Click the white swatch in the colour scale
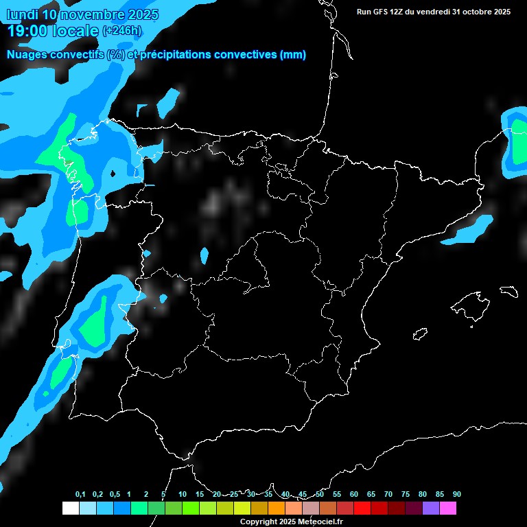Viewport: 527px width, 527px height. click(x=70, y=508)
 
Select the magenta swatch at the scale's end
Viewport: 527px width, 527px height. click(x=448, y=508)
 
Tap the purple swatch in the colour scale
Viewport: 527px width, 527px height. click(x=431, y=508)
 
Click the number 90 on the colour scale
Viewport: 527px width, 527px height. click(x=456, y=494)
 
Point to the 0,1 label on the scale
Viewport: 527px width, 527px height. click(x=80, y=494)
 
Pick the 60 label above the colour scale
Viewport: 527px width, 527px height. click(x=353, y=494)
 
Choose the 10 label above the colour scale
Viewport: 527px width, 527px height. click(x=182, y=494)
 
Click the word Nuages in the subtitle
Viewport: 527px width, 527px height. click(x=25, y=55)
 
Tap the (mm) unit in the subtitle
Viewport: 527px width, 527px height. click(x=293, y=55)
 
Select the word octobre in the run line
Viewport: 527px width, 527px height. click(x=474, y=12)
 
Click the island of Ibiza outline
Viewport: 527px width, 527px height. click(x=420, y=333)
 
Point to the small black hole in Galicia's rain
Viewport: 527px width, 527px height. click(x=113, y=174)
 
